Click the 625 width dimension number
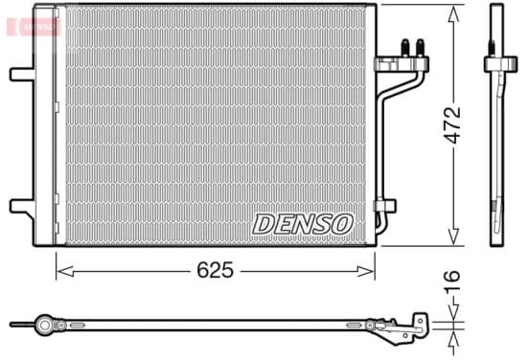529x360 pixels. click(x=215, y=270)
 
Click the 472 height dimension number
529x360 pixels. click(x=451, y=125)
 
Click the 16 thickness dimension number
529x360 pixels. click(x=451, y=281)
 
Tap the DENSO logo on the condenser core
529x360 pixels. click(x=303, y=224)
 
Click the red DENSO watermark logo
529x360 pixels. click(x=34, y=26)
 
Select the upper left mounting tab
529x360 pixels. click(x=22, y=75)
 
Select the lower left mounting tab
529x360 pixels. click(x=22, y=206)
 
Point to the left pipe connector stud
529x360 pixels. click(x=405, y=48)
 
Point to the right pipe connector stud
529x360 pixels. click(x=420, y=48)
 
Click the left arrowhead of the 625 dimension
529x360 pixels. click(x=65, y=271)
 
